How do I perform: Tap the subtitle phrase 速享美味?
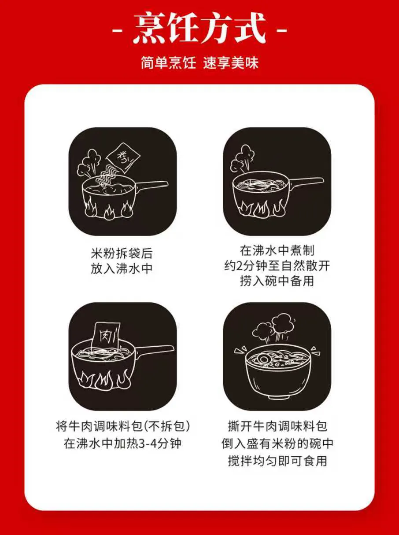pyautogui.click(x=231, y=63)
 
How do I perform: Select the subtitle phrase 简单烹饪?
pyautogui.click(x=168, y=63)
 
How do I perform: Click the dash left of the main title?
pyautogui.click(x=118, y=31)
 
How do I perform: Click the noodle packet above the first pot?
pyautogui.click(x=123, y=157)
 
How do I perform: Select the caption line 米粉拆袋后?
pyautogui.click(x=122, y=253)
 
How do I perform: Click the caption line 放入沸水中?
pyautogui.click(x=122, y=268)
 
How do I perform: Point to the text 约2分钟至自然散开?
pyautogui.click(x=277, y=266)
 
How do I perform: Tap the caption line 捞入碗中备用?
pyautogui.click(x=277, y=281)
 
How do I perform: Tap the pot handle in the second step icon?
pyautogui.click(x=307, y=183)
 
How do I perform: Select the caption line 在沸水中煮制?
pyautogui.click(x=277, y=250)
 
